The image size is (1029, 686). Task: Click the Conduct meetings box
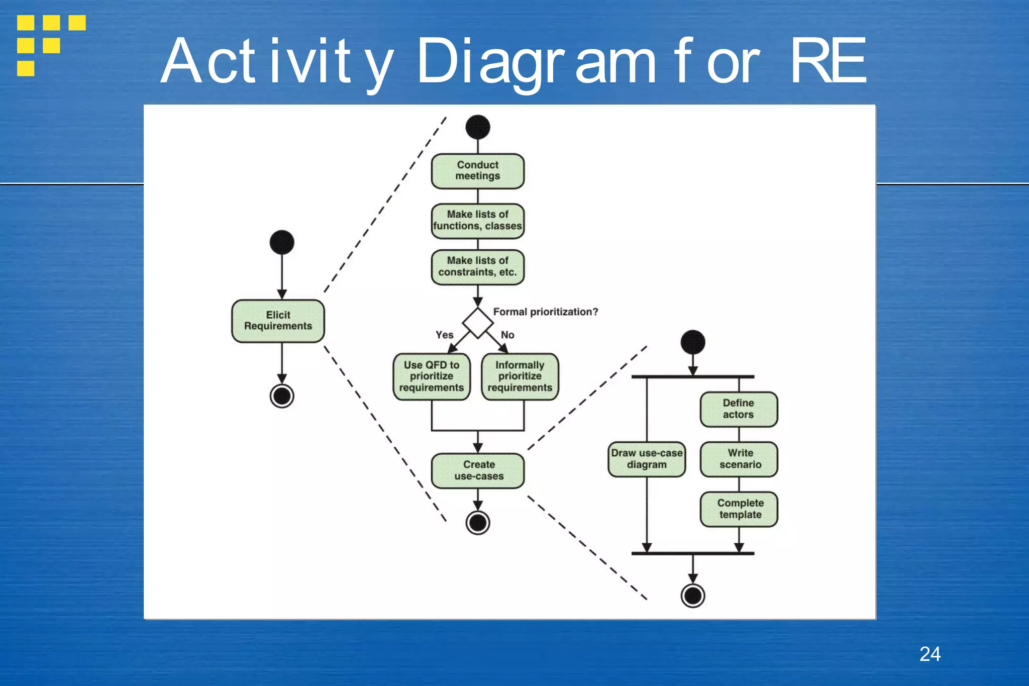[x=477, y=171]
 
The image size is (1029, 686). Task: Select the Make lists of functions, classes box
[x=477, y=220]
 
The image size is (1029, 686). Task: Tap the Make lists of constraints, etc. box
[x=477, y=266]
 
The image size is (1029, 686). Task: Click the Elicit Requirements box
[x=278, y=321]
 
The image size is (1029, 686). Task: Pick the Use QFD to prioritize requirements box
[x=431, y=376]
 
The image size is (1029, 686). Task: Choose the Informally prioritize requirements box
[x=520, y=376]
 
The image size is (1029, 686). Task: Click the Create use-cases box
[x=478, y=470]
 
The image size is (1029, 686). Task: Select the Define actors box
[x=738, y=409]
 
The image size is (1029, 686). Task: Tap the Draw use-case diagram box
[x=646, y=459]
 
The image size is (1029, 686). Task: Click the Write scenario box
[x=739, y=459]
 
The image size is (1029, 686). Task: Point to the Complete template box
[x=739, y=509]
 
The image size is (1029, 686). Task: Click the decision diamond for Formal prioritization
[x=477, y=323]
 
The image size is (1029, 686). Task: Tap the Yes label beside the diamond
[x=444, y=335]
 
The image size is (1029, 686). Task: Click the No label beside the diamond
[x=507, y=335]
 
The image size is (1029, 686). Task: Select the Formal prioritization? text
[x=545, y=312]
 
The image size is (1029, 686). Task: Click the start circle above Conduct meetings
[x=477, y=127]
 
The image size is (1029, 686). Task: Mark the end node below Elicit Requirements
[x=282, y=396]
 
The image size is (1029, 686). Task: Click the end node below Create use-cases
[x=477, y=523]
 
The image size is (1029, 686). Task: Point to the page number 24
[x=930, y=654]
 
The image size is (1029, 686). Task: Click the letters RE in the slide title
[x=828, y=61]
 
